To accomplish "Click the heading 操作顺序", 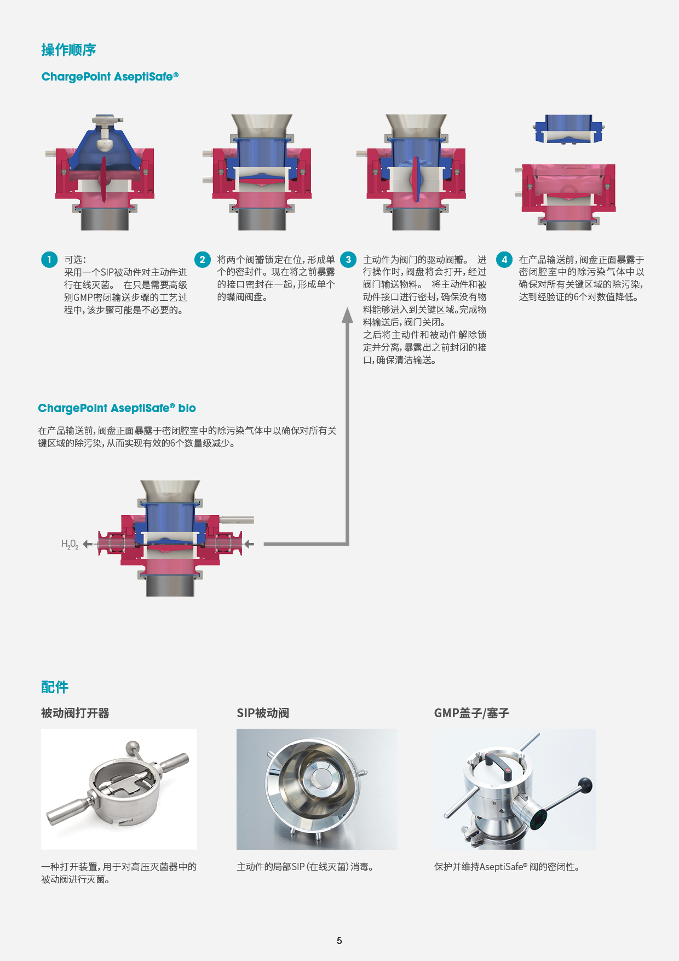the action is pyautogui.click(x=68, y=50).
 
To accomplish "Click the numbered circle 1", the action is pyautogui.click(x=49, y=260).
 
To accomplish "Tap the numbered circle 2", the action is pyautogui.click(x=203, y=260).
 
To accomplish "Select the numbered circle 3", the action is pyautogui.click(x=348, y=260).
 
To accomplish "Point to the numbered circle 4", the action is pyautogui.click(x=504, y=260).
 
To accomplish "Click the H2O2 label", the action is pyautogui.click(x=70, y=544).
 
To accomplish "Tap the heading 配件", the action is pyautogui.click(x=55, y=687).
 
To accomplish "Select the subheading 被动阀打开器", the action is pyautogui.click(x=75, y=713).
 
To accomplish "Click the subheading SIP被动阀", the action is pyautogui.click(x=263, y=713).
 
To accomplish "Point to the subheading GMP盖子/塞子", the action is pyautogui.click(x=471, y=713).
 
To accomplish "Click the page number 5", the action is pyautogui.click(x=339, y=941).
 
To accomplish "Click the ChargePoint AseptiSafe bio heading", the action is pyautogui.click(x=117, y=408).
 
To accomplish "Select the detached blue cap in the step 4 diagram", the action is pyautogui.click(x=569, y=129).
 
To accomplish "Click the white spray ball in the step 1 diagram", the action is pyautogui.click(x=105, y=144).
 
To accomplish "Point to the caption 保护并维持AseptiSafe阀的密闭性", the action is pyautogui.click(x=507, y=867).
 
